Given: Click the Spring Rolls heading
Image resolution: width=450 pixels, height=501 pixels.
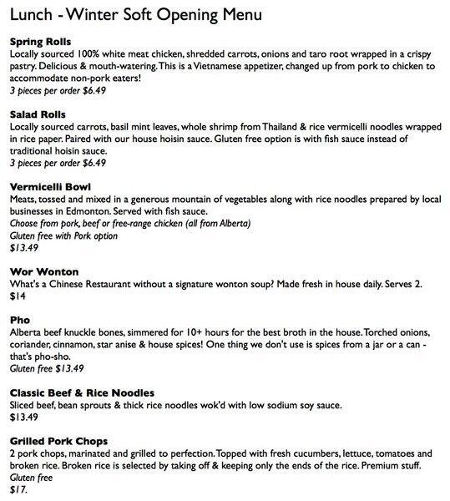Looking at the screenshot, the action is point(39,41).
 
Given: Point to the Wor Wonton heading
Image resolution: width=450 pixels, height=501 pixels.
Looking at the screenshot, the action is point(43,271).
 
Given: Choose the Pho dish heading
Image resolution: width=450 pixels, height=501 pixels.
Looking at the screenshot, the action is point(19,319).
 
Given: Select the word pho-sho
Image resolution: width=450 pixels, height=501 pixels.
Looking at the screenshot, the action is point(42,355).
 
